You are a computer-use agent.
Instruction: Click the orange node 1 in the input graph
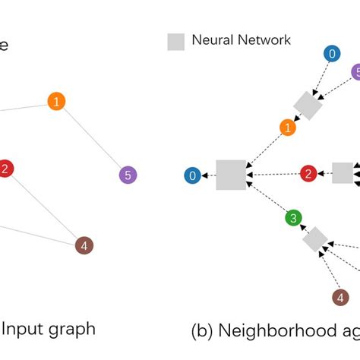(x=56, y=101)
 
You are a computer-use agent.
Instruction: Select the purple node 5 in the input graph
(x=128, y=175)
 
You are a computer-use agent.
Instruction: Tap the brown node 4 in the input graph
(x=84, y=245)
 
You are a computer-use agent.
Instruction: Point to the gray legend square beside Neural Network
(x=175, y=42)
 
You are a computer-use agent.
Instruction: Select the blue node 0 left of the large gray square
(x=193, y=176)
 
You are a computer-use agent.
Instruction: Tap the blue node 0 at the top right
(x=331, y=53)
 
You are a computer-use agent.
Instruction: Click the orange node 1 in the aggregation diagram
(x=287, y=128)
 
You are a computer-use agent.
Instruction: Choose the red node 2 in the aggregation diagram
(x=308, y=174)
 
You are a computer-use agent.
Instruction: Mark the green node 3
(x=293, y=219)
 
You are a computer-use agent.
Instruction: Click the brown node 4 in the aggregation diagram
(x=339, y=297)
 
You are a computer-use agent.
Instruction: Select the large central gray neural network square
(x=230, y=175)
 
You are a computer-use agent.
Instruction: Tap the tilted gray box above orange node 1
(x=308, y=106)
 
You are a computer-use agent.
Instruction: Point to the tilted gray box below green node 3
(x=314, y=241)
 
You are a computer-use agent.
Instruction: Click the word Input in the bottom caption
(x=24, y=329)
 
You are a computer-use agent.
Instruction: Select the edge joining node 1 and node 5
(x=92, y=138)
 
